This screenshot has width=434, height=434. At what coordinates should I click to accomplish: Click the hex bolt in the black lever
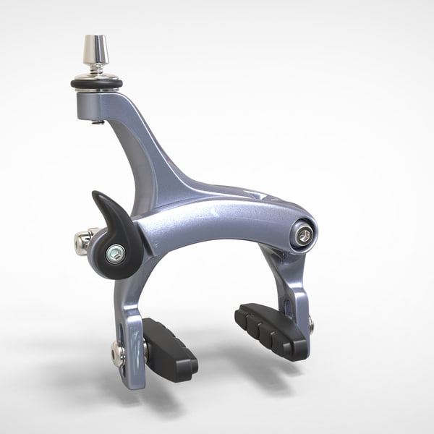coord(115,253)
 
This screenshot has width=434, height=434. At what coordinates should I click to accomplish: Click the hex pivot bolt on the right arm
coord(304,234)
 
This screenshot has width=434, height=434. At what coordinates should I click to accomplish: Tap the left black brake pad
coord(171,347)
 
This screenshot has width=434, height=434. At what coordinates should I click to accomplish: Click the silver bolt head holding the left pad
coord(117,353)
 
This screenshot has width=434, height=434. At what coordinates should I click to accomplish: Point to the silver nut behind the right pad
coord(311,325)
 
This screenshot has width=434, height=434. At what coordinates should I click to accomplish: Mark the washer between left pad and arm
coord(145,352)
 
